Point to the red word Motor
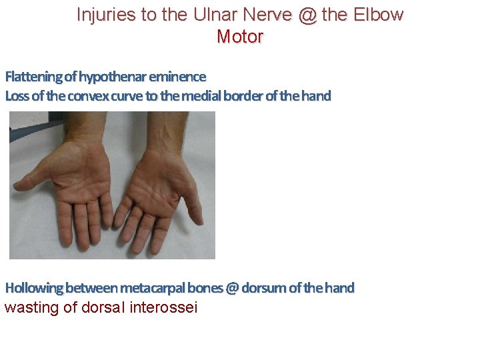pyautogui.click(x=240, y=37)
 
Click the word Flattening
pyautogui.click(x=31, y=77)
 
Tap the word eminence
pyautogui.click(x=179, y=77)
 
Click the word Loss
pyautogui.click(x=17, y=96)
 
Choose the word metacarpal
pyautogui.click(x=151, y=288)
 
